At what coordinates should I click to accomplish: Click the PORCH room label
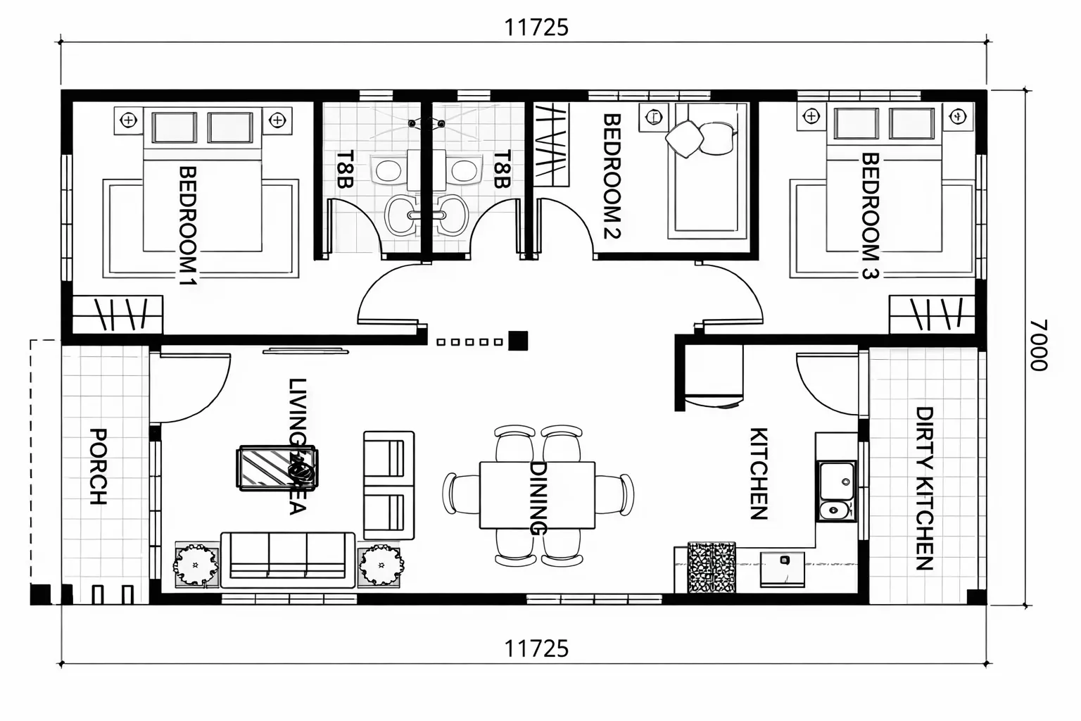pyautogui.click(x=98, y=467)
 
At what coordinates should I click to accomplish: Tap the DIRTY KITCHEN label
pyautogui.click(x=923, y=488)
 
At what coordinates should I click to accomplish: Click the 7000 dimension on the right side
pyautogui.click(x=1038, y=345)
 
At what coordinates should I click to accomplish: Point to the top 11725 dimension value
pyautogui.click(x=536, y=27)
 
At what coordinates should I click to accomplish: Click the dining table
pyautogui.click(x=537, y=495)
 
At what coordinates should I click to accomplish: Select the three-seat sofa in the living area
pyautogui.click(x=288, y=560)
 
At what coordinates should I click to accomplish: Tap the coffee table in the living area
pyautogui.click(x=277, y=468)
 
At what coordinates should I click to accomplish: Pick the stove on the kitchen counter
pyautogui.click(x=712, y=567)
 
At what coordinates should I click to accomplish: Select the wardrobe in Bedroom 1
pyautogui.click(x=118, y=314)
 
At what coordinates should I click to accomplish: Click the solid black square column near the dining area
pyautogui.click(x=518, y=341)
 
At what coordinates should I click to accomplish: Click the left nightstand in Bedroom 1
pyautogui.click(x=128, y=120)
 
